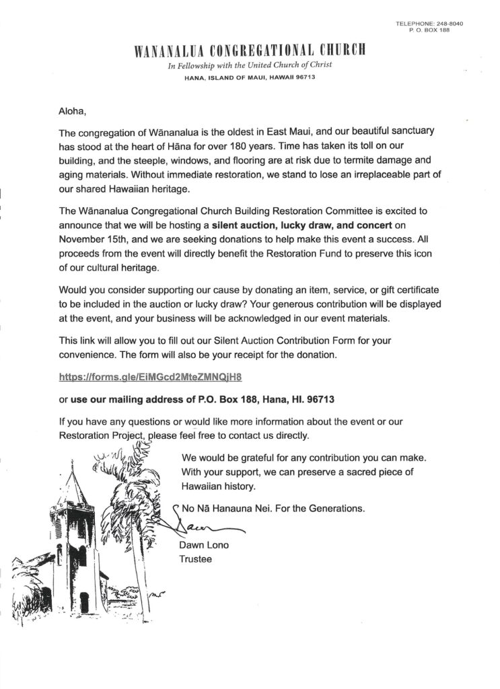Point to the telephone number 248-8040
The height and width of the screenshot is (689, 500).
pos(449,24)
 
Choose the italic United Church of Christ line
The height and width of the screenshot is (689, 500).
pos(250,65)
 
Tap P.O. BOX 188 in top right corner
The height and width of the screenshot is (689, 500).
pos(439,32)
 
